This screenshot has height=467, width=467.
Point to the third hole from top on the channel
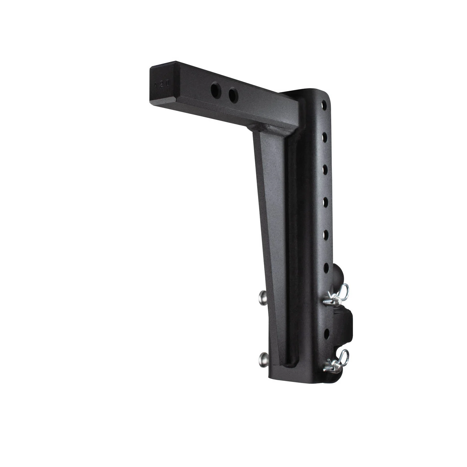tap(326, 169)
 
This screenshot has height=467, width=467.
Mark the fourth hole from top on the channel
tap(326, 201)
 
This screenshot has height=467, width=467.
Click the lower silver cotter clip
tap(336, 362)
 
